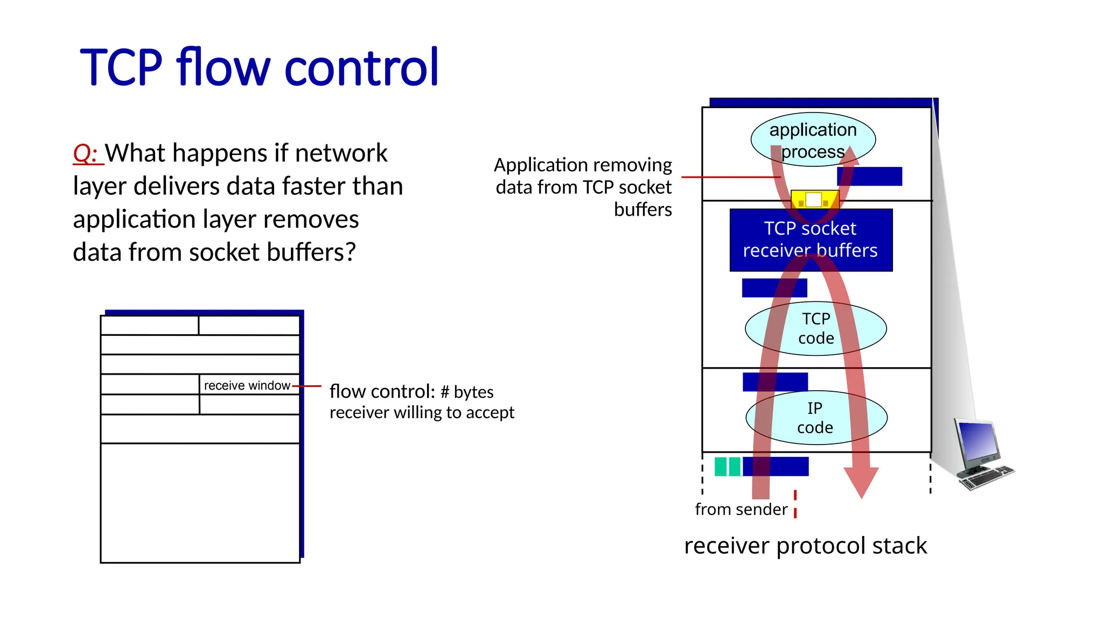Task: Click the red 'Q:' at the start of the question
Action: click(x=85, y=153)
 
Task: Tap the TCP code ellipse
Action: click(x=815, y=328)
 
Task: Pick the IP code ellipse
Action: click(x=815, y=418)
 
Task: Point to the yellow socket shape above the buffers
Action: click(x=814, y=200)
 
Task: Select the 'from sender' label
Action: click(x=741, y=509)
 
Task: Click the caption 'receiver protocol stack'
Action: click(x=805, y=546)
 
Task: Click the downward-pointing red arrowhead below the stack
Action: click(x=861, y=482)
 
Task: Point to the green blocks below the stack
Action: click(x=727, y=466)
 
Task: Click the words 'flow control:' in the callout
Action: click(x=381, y=392)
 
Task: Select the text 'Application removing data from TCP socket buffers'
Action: click(x=584, y=187)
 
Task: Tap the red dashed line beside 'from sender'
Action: click(x=795, y=504)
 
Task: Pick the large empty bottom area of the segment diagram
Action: click(x=200, y=503)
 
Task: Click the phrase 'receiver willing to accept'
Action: click(x=422, y=413)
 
